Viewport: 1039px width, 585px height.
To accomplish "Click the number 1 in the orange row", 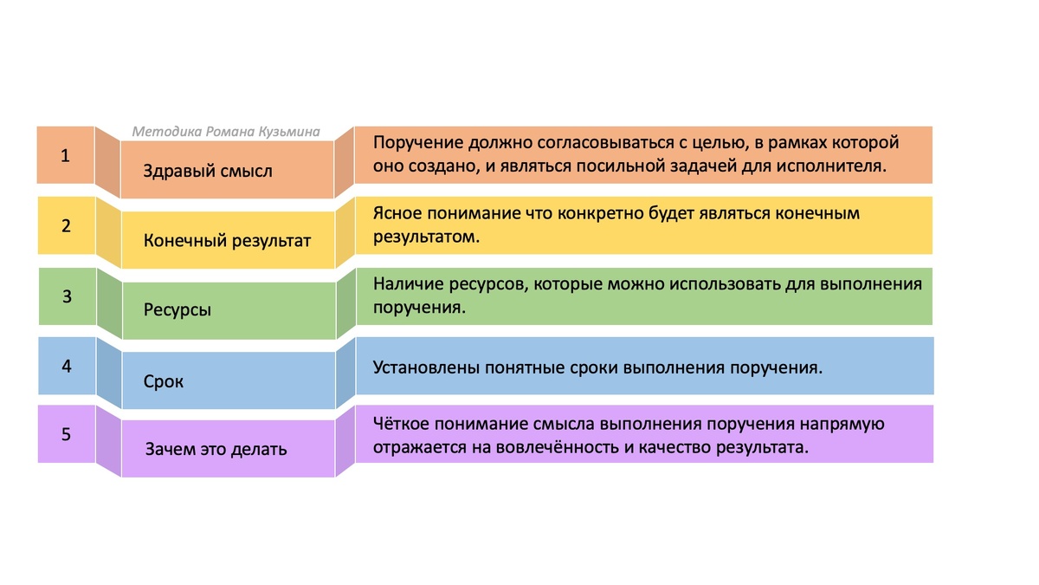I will pyautogui.click(x=65, y=156).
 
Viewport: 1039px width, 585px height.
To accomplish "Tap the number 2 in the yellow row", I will pyautogui.click(x=66, y=225).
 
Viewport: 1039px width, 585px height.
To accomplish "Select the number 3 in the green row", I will pyautogui.click(x=67, y=296).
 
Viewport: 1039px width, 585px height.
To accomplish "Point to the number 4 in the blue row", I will pyautogui.click(x=67, y=365).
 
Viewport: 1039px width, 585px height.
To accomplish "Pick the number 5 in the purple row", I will pyautogui.click(x=67, y=434).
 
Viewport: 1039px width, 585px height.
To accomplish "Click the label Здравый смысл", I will pyautogui.click(x=208, y=171).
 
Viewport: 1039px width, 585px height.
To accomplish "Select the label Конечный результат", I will pyautogui.click(x=227, y=240).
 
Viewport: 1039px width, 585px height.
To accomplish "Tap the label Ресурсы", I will pyautogui.click(x=177, y=309).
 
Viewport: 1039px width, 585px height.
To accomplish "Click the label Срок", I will pyautogui.click(x=164, y=380).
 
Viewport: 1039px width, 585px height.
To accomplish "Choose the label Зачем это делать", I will pyautogui.click(x=216, y=450).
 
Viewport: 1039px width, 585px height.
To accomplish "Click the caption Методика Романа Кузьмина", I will pyautogui.click(x=226, y=132).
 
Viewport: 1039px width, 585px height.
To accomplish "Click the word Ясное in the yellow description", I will pyautogui.click(x=396, y=213).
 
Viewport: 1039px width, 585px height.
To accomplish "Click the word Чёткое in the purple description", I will pyautogui.click(x=400, y=425).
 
